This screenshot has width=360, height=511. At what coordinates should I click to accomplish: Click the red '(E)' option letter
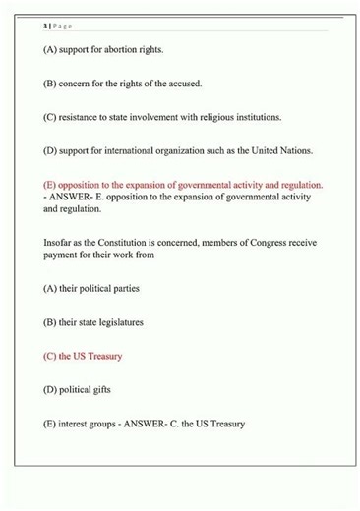click(51, 184)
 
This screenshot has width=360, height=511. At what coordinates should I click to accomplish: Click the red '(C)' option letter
click(51, 356)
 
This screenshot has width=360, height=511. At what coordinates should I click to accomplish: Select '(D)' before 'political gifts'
click(51, 389)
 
